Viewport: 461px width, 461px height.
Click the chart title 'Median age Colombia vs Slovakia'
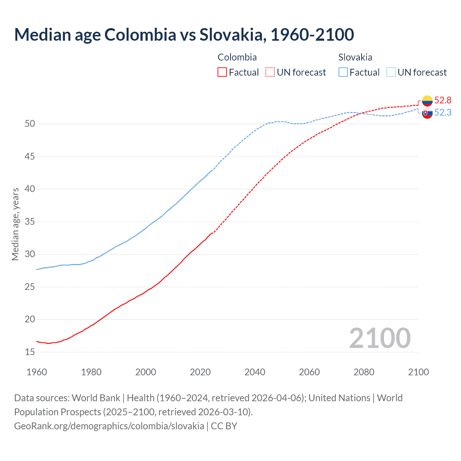(184, 35)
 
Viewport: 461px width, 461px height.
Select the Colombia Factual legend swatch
(222, 72)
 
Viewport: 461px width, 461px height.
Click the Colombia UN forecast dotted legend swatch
(270, 72)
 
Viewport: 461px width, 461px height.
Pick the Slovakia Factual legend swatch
(343, 72)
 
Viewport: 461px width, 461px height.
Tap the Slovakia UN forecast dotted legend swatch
(391, 72)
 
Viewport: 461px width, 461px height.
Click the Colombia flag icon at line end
(427, 101)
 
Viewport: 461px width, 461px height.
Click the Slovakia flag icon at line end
(427, 113)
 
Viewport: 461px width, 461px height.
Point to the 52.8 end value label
(443, 100)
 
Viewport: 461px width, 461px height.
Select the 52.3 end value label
(443, 113)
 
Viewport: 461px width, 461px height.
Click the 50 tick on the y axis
(30, 124)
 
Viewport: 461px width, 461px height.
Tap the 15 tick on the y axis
(30, 352)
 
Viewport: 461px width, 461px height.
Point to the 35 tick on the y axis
(30, 221)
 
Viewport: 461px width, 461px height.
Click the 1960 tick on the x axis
(37, 372)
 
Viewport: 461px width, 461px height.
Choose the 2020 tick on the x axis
(200, 372)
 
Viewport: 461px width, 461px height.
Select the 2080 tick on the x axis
(364, 372)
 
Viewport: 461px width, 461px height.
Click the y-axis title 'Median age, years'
(15, 224)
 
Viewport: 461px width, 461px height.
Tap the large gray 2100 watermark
(380, 338)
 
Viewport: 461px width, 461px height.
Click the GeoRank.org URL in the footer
(109, 426)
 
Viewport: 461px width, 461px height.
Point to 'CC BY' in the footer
(224, 426)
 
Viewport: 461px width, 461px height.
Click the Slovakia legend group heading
(355, 57)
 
